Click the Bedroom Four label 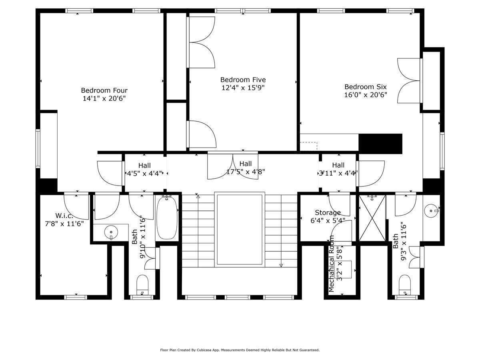104,90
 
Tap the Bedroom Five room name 243,80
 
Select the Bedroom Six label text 366,87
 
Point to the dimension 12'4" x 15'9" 243,87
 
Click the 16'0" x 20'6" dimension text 366,95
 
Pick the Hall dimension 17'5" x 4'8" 246,172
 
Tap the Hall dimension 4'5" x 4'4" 144,174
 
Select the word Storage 328,212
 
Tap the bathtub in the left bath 166,218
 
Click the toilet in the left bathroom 142,284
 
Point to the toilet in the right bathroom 405,284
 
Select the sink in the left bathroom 110,232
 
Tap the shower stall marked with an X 372,218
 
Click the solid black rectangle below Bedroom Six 380,143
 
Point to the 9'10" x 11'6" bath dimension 142,237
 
